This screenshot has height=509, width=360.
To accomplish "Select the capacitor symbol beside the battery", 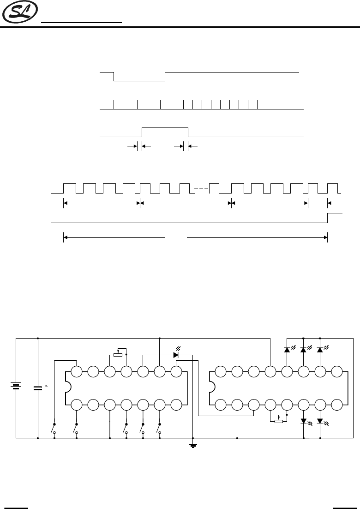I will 38,387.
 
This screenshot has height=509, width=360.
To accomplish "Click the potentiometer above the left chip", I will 118,355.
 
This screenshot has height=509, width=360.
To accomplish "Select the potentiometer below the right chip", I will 278,421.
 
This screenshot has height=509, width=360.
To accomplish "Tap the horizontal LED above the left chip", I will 176,355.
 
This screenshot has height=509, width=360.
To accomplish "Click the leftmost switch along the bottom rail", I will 54,428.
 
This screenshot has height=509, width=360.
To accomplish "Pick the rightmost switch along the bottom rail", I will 159,428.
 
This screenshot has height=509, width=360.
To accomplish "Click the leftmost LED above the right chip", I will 287,350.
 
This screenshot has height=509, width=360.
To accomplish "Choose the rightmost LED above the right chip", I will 320,350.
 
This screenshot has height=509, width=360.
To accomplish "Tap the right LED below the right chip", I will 320,421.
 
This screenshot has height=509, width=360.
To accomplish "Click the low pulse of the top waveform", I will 139,80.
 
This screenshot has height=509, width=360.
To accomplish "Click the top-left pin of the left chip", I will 77,371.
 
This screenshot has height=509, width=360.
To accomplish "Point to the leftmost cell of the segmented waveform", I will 126,104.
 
